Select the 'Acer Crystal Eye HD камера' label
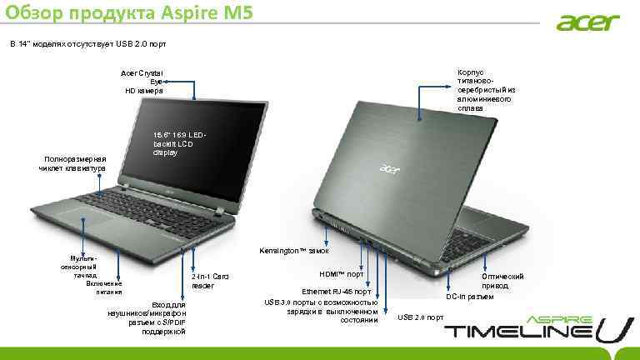click(143, 82)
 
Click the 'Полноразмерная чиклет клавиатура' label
click(72, 163)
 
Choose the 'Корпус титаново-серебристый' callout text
click(487, 91)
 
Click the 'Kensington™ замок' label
click(294, 251)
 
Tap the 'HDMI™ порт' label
click(342, 274)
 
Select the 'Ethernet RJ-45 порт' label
click(342, 292)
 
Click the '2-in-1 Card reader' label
click(210, 280)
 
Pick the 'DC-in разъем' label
click(469, 297)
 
